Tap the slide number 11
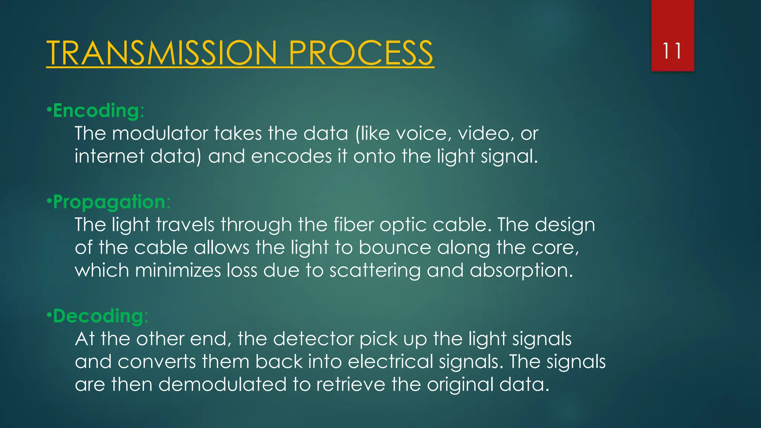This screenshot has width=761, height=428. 672,51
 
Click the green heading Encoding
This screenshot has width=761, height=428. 96,111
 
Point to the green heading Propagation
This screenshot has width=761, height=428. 109,202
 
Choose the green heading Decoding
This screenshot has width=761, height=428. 98,316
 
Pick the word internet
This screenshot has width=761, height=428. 109,156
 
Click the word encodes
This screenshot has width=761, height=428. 291,156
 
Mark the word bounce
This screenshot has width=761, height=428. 395,248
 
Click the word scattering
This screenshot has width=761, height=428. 375,270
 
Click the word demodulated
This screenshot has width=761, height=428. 222,385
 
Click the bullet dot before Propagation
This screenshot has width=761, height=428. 49,201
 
